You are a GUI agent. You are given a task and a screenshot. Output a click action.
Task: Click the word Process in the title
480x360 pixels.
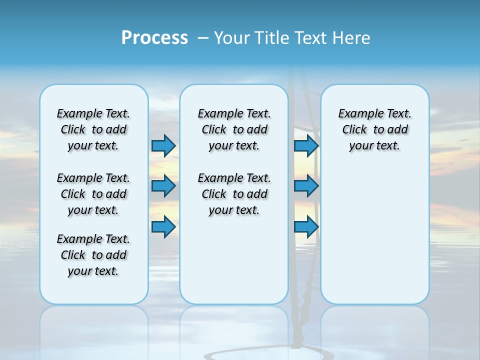(x=154, y=37)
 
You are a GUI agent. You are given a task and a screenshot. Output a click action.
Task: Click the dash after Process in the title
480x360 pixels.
(x=203, y=38)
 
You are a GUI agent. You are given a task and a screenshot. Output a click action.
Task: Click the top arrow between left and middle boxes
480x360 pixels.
(x=163, y=145)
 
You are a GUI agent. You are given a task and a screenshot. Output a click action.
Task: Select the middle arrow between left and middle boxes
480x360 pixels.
(x=163, y=186)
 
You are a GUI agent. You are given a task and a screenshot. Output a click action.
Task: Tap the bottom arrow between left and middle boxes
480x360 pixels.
(x=163, y=226)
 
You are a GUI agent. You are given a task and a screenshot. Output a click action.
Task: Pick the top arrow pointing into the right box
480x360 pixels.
(x=306, y=145)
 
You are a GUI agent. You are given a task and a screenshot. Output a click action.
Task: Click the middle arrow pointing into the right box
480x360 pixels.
(x=306, y=186)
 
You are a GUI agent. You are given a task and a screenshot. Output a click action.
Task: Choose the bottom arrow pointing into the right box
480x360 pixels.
(x=306, y=226)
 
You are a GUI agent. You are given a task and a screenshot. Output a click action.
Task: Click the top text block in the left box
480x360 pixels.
(x=93, y=129)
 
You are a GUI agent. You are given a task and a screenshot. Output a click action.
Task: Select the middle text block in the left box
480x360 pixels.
(x=93, y=194)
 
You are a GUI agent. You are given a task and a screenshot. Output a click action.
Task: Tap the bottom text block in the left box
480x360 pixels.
(x=93, y=255)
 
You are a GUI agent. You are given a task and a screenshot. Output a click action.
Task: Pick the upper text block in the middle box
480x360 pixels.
(x=234, y=129)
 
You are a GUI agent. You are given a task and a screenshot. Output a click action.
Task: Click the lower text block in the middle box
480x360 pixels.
(x=234, y=194)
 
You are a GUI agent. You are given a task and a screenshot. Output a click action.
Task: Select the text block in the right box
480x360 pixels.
(x=375, y=129)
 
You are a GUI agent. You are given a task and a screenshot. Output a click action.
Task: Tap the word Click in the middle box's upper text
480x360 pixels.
(x=214, y=130)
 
